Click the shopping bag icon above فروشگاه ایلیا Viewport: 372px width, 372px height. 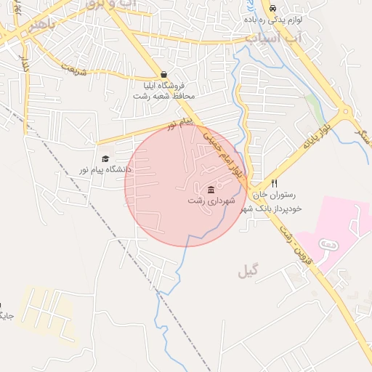(x=163, y=74)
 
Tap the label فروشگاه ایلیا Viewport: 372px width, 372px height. (x=163, y=85)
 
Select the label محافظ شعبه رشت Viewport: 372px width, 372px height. (x=169, y=95)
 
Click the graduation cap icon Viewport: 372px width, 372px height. (x=105, y=158)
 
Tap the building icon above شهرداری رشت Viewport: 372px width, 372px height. (x=211, y=190)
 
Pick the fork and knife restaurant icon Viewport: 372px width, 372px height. (x=274, y=184)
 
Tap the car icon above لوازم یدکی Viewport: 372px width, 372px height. (x=272, y=9)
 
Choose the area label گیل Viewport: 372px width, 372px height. (x=248, y=272)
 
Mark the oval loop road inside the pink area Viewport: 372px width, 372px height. (x=329, y=247)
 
